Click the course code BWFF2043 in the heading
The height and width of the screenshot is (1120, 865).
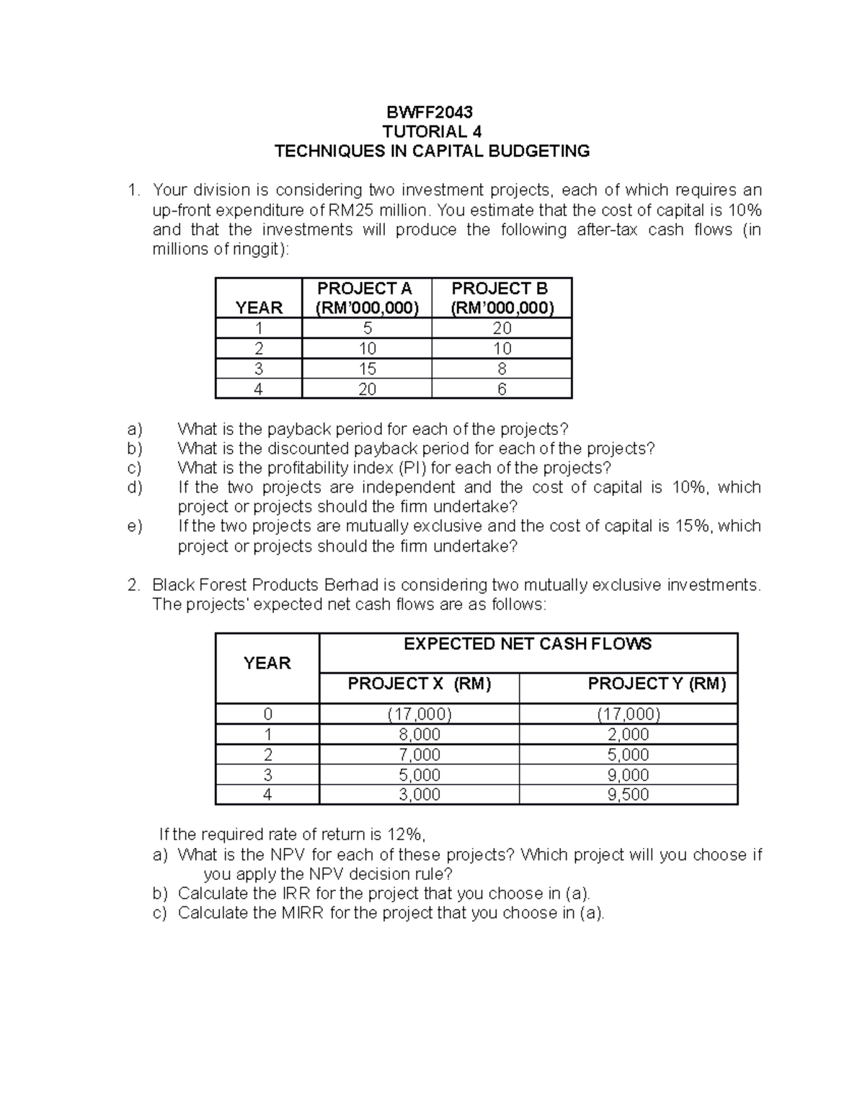[x=431, y=112]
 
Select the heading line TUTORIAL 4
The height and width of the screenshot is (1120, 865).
[x=431, y=131]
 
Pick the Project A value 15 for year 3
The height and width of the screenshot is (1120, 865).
[x=367, y=369]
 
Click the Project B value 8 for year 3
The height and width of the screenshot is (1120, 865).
[x=502, y=369]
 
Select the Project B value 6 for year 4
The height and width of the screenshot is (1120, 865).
[x=502, y=389]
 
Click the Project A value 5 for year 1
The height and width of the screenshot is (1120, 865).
[x=367, y=329]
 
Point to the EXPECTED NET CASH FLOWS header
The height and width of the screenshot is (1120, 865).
[x=527, y=644]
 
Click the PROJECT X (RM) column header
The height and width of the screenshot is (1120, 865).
[x=419, y=684]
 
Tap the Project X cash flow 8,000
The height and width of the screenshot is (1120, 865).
[x=420, y=735]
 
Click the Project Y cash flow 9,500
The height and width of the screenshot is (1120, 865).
[x=628, y=795]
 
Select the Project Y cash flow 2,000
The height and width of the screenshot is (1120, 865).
[x=628, y=735]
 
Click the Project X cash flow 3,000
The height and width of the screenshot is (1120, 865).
[x=420, y=795]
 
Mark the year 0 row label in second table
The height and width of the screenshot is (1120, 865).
[x=267, y=715]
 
